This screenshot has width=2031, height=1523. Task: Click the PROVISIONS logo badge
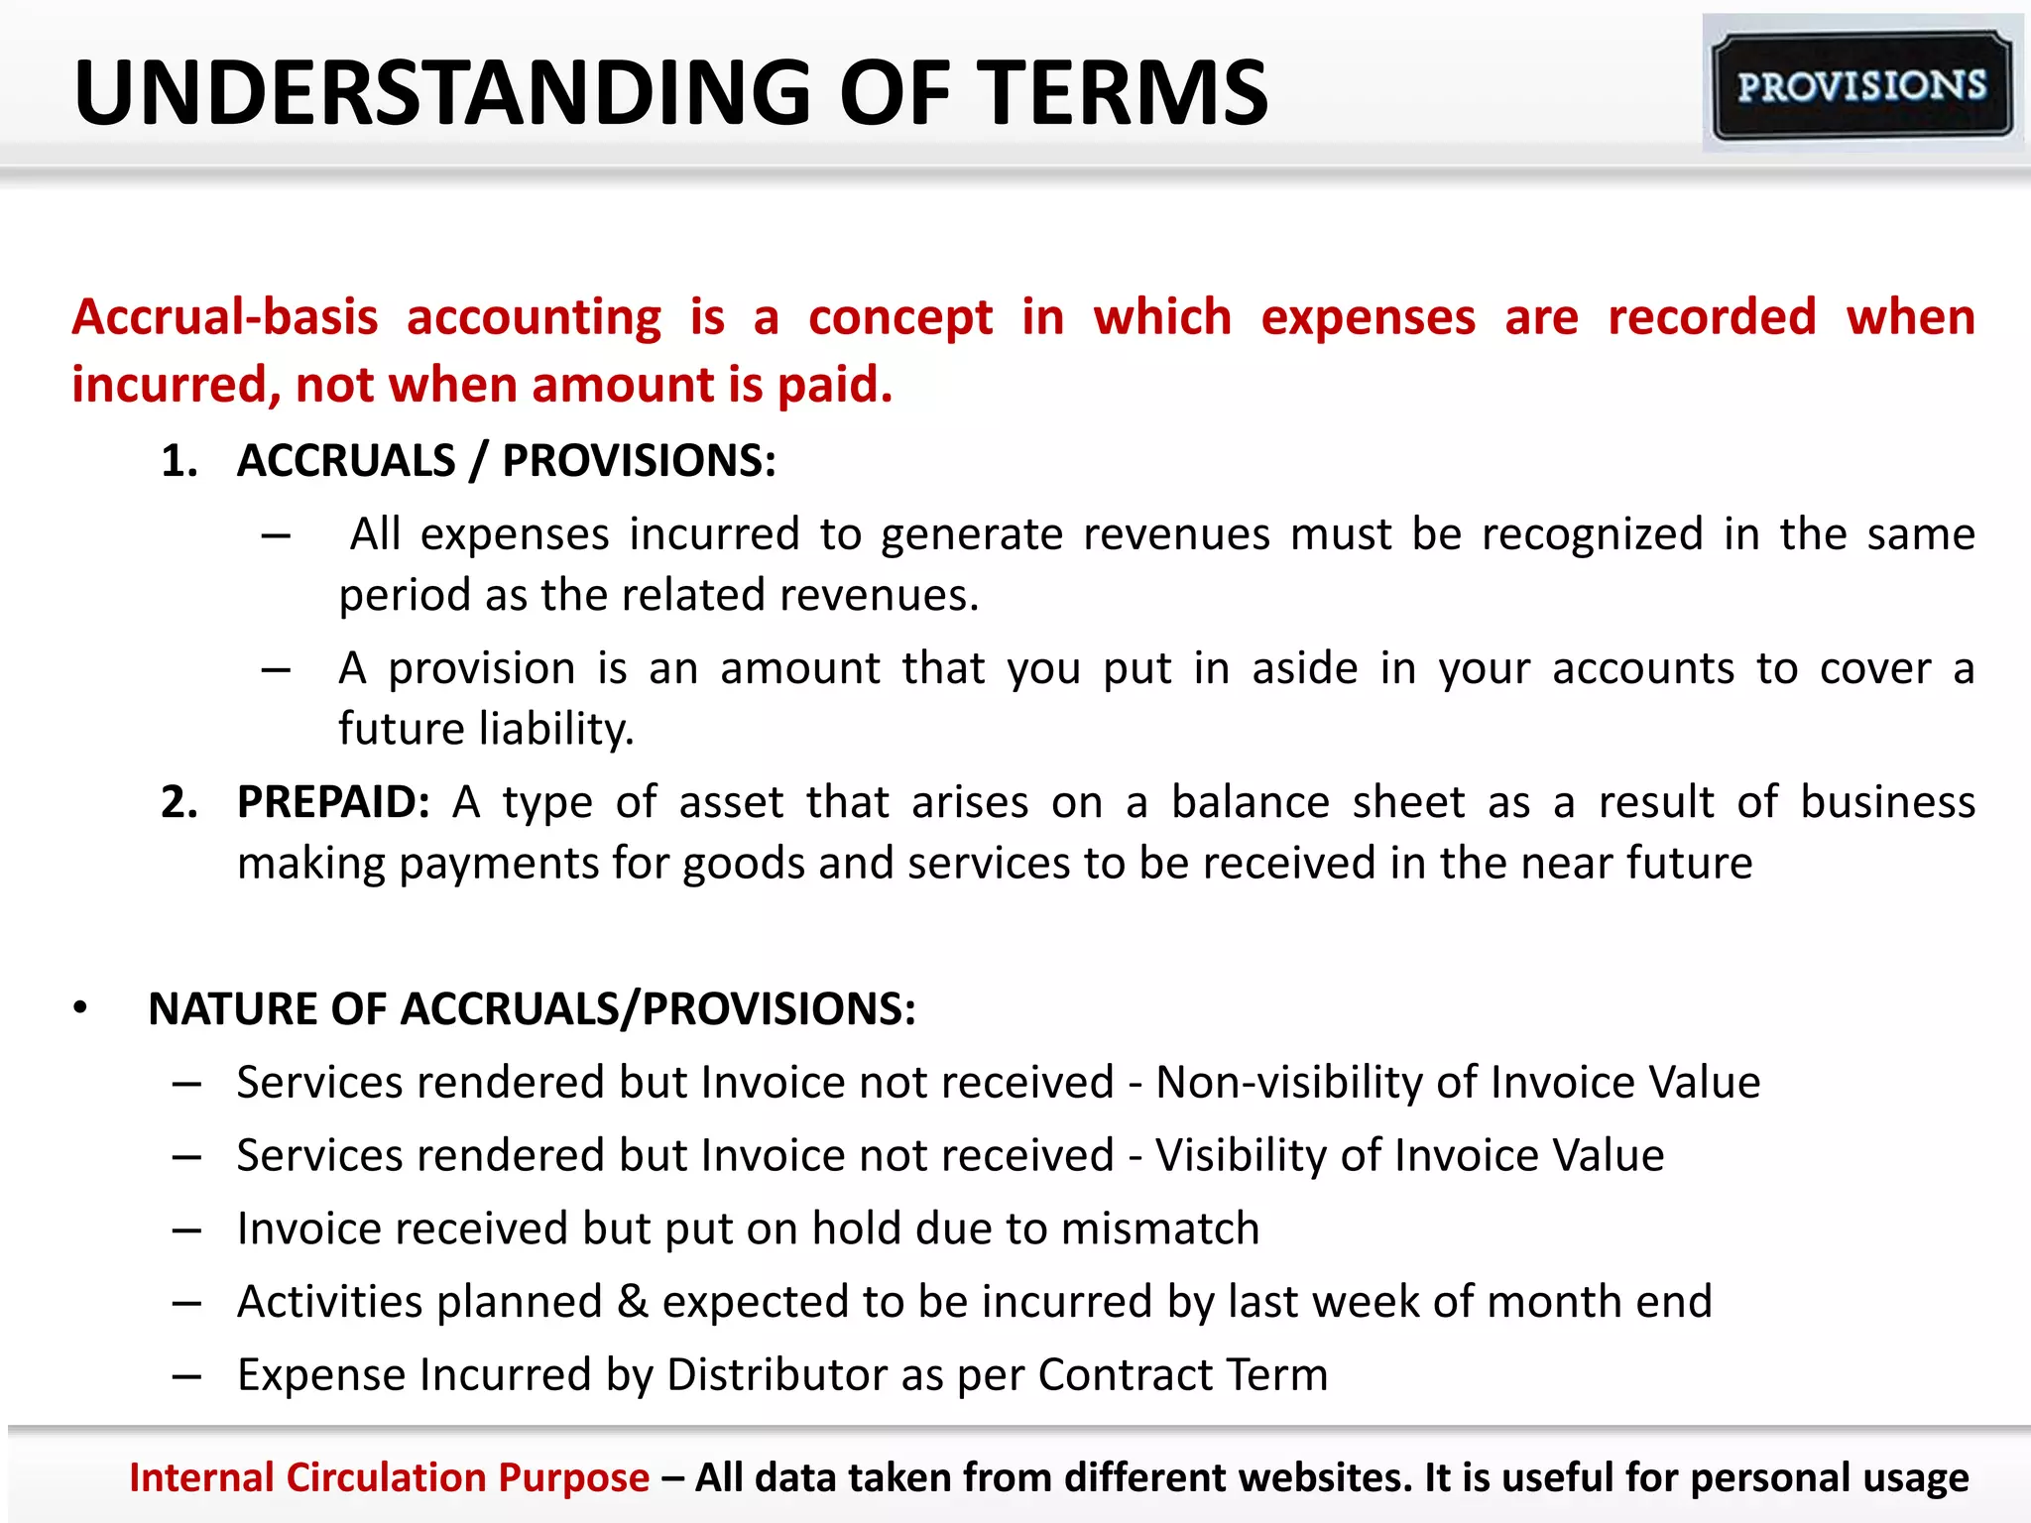1862,85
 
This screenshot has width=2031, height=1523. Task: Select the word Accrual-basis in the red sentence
225,317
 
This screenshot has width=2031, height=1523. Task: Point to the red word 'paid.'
835,385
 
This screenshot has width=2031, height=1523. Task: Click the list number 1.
179,461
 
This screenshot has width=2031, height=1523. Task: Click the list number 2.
179,802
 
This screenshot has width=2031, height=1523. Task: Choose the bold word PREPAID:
333,802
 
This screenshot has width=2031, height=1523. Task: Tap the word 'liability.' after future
556,729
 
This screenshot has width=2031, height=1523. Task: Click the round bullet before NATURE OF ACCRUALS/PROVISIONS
80,1009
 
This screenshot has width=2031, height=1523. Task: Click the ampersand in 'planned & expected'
633,1302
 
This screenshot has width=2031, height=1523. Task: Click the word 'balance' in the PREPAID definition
1250,802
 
